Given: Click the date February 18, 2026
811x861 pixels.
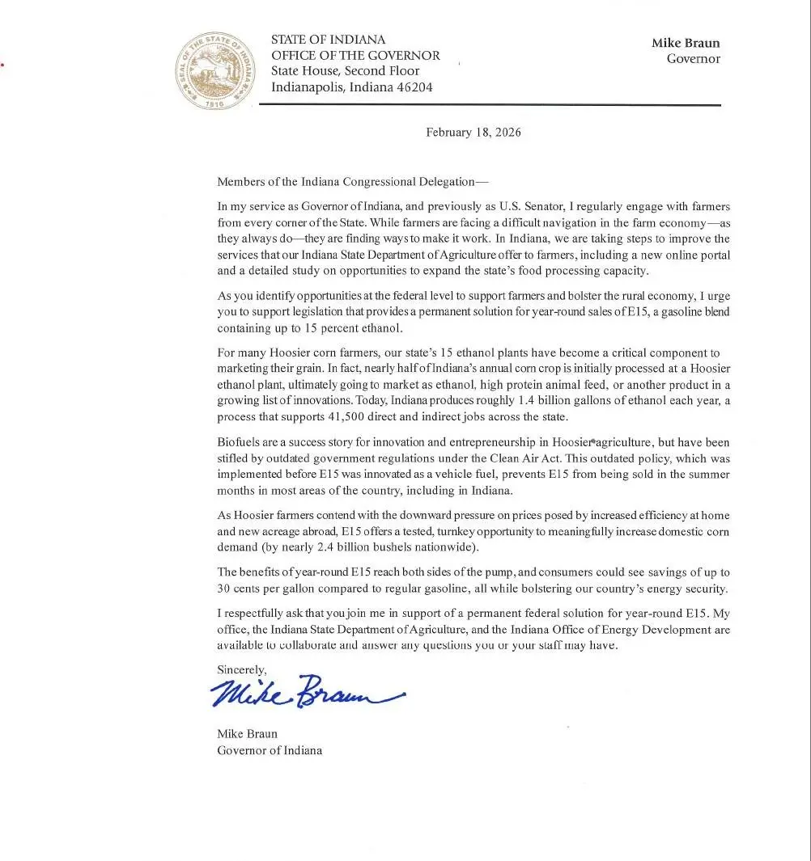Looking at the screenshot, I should tap(473, 133).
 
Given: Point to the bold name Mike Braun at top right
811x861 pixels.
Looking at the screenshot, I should tap(685, 43).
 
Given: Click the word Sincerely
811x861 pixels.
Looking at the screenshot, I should tap(241, 669).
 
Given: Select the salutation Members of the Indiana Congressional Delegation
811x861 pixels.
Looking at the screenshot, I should tap(353, 182).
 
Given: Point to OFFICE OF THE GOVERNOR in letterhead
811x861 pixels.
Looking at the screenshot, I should tap(355, 56).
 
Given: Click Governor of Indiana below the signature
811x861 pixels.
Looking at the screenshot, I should tap(269, 750).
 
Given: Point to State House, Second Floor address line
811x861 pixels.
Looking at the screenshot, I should tap(345, 71).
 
